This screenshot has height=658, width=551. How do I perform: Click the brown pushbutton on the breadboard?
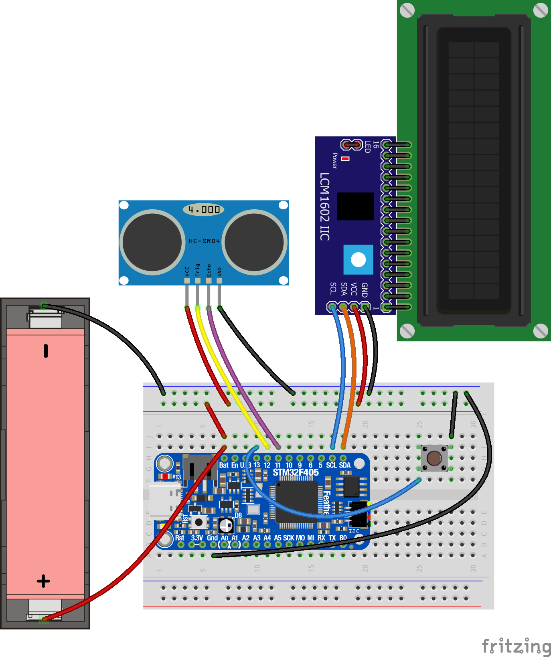pos(434,458)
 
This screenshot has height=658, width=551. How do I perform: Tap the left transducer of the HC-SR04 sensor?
pos(152,242)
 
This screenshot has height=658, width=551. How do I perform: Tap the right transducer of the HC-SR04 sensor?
pos(254,242)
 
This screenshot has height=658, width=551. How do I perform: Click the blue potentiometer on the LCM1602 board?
pos(358,260)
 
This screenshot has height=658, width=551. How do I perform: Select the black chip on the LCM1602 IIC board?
pos(355,206)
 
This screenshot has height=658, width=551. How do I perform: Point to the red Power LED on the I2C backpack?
pos(345,159)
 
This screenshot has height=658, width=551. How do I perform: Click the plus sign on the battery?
pos(43,581)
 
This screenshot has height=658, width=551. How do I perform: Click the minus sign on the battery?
pos(46,350)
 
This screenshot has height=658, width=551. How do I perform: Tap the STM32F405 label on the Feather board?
pos(296,472)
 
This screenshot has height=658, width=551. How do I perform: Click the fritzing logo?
pos(516,646)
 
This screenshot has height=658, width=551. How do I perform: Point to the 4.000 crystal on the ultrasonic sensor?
pos(204,209)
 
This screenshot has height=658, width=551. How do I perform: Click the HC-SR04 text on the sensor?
pos(204,241)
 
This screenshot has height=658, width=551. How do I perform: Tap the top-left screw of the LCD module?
pos(407,10)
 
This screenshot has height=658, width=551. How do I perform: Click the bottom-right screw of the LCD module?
pos(540,331)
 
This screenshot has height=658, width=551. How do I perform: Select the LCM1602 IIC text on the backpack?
pos(324,207)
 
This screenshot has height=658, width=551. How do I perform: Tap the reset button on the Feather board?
pos(199,522)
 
